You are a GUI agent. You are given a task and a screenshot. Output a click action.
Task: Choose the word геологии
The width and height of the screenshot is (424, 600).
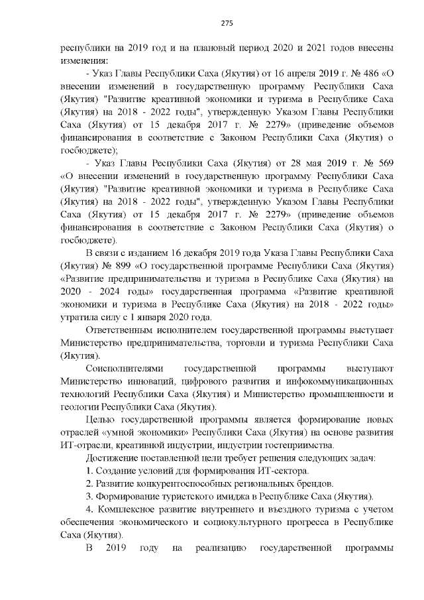(x=80, y=406)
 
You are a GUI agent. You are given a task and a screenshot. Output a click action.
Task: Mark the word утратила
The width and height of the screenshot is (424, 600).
(x=79, y=318)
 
